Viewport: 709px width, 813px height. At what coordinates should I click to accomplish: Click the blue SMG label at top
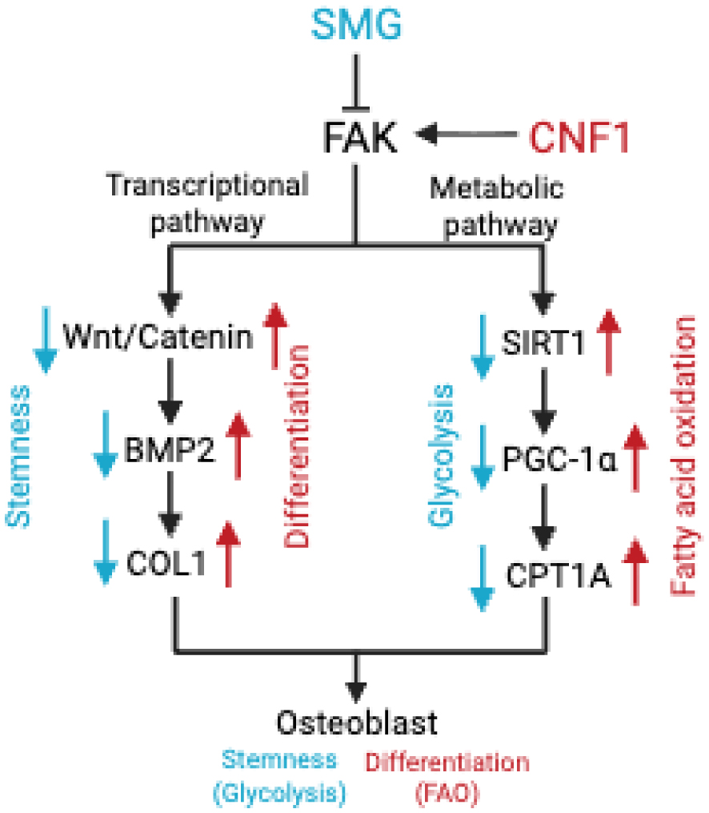point(356,24)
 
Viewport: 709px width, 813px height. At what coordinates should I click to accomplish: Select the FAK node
point(360,137)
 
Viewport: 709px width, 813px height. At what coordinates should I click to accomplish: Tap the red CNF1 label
point(579,137)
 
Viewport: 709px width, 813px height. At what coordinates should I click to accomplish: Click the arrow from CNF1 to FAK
point(467,135)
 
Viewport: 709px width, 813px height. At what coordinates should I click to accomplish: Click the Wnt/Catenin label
point(158,336)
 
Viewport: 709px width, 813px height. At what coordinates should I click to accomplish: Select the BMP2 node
point(169,449)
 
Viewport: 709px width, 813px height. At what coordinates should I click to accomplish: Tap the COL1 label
point(166,563)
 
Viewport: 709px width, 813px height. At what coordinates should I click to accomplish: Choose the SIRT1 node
point(543,342)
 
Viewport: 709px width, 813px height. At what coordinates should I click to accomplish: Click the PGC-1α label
point(560,459)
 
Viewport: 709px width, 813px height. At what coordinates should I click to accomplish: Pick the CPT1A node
point(559,575)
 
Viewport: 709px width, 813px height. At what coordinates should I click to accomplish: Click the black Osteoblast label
point(357,722)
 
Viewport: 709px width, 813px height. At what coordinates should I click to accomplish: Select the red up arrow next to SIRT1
point(608,343)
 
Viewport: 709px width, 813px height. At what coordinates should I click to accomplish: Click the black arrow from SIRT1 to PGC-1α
point(543,400)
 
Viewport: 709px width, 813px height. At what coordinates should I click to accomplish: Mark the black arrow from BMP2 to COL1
point(170,504)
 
